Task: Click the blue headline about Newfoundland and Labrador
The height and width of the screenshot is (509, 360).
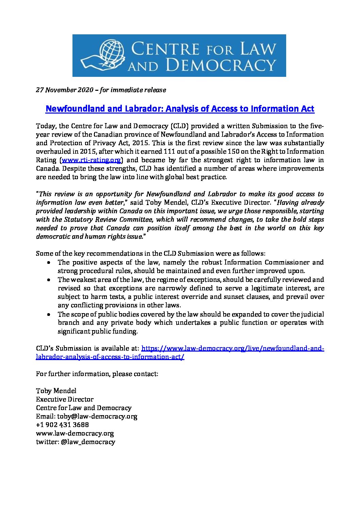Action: [180, 109]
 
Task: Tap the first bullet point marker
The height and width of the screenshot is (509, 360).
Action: [50, 262]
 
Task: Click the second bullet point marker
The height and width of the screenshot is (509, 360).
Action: [50, 280]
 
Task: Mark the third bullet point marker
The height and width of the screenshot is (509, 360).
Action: [50, 314]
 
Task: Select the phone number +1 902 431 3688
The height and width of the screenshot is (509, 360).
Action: [62, 425]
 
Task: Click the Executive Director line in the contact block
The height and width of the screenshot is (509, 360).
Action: [65, 399]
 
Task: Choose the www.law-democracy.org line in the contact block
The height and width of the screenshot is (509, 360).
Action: [75, 433]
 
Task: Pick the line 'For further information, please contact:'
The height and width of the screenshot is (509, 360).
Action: [97, 374]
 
